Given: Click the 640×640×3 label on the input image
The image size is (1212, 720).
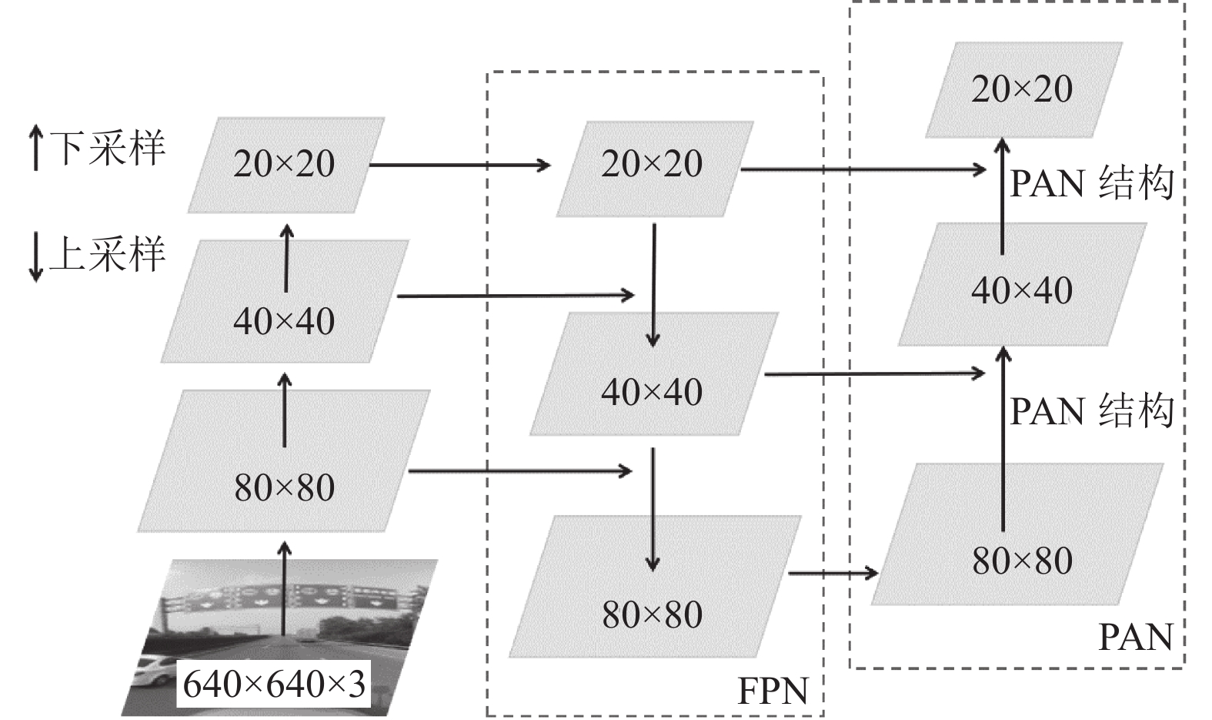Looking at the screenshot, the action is tap(274, 685).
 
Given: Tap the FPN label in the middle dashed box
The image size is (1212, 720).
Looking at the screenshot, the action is tap(773, 691).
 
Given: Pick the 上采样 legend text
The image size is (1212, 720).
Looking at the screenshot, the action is tap(108, 253).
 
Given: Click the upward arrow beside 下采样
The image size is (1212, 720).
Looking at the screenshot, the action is tap(35, 147).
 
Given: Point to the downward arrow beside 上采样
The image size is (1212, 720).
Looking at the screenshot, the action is tap(35, 257).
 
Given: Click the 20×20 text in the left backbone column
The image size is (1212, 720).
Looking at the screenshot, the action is tap(284, 163).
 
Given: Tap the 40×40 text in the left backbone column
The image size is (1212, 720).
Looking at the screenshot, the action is tap(284, 321).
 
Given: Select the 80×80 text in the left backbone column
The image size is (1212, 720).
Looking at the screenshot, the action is tap(284, 487).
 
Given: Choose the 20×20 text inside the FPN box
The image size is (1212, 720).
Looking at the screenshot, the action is tap(652, 163).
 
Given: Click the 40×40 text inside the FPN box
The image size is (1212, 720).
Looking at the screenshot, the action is tap(652, 392).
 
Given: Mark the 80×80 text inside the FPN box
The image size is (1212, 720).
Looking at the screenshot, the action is tap(653, 615).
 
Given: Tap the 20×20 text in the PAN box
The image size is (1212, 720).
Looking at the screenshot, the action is tap(1022, 89).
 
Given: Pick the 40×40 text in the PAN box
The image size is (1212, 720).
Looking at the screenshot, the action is tap(1022, 291).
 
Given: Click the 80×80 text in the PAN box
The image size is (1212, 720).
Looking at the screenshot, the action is tap(1023, 561).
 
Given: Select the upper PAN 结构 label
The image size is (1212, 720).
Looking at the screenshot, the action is tap(1092, 184).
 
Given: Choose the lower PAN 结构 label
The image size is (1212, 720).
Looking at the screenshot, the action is tap(1092, 411).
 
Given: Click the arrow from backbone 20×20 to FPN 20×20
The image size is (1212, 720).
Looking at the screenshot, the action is tap(460, 165).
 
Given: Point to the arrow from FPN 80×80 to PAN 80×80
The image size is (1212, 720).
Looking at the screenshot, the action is tap(833, 573).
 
